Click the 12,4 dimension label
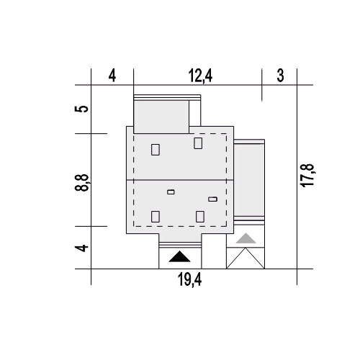coord(200,76)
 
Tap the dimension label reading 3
coord(280,76)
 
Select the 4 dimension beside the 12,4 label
coord(112,76)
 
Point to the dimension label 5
coord(82,109)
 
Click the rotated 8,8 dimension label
coord(82,183)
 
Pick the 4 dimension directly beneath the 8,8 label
coord(82,248)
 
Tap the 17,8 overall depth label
coord(307,176)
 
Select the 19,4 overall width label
coord(189,279)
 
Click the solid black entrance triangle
coord(179,256)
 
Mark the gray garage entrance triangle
coord(246,238)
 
